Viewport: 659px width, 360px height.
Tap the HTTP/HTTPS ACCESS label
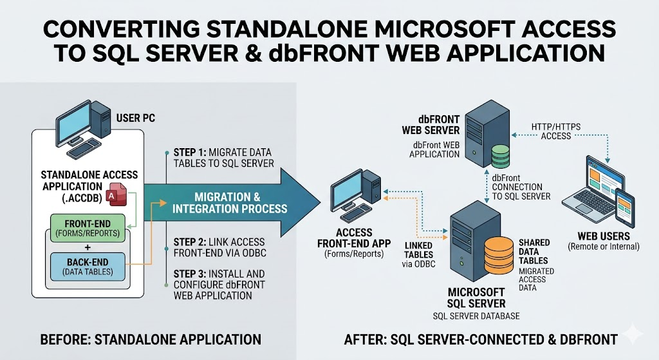pos(555,131)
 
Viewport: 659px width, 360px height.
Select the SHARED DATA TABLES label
pos(534,251)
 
